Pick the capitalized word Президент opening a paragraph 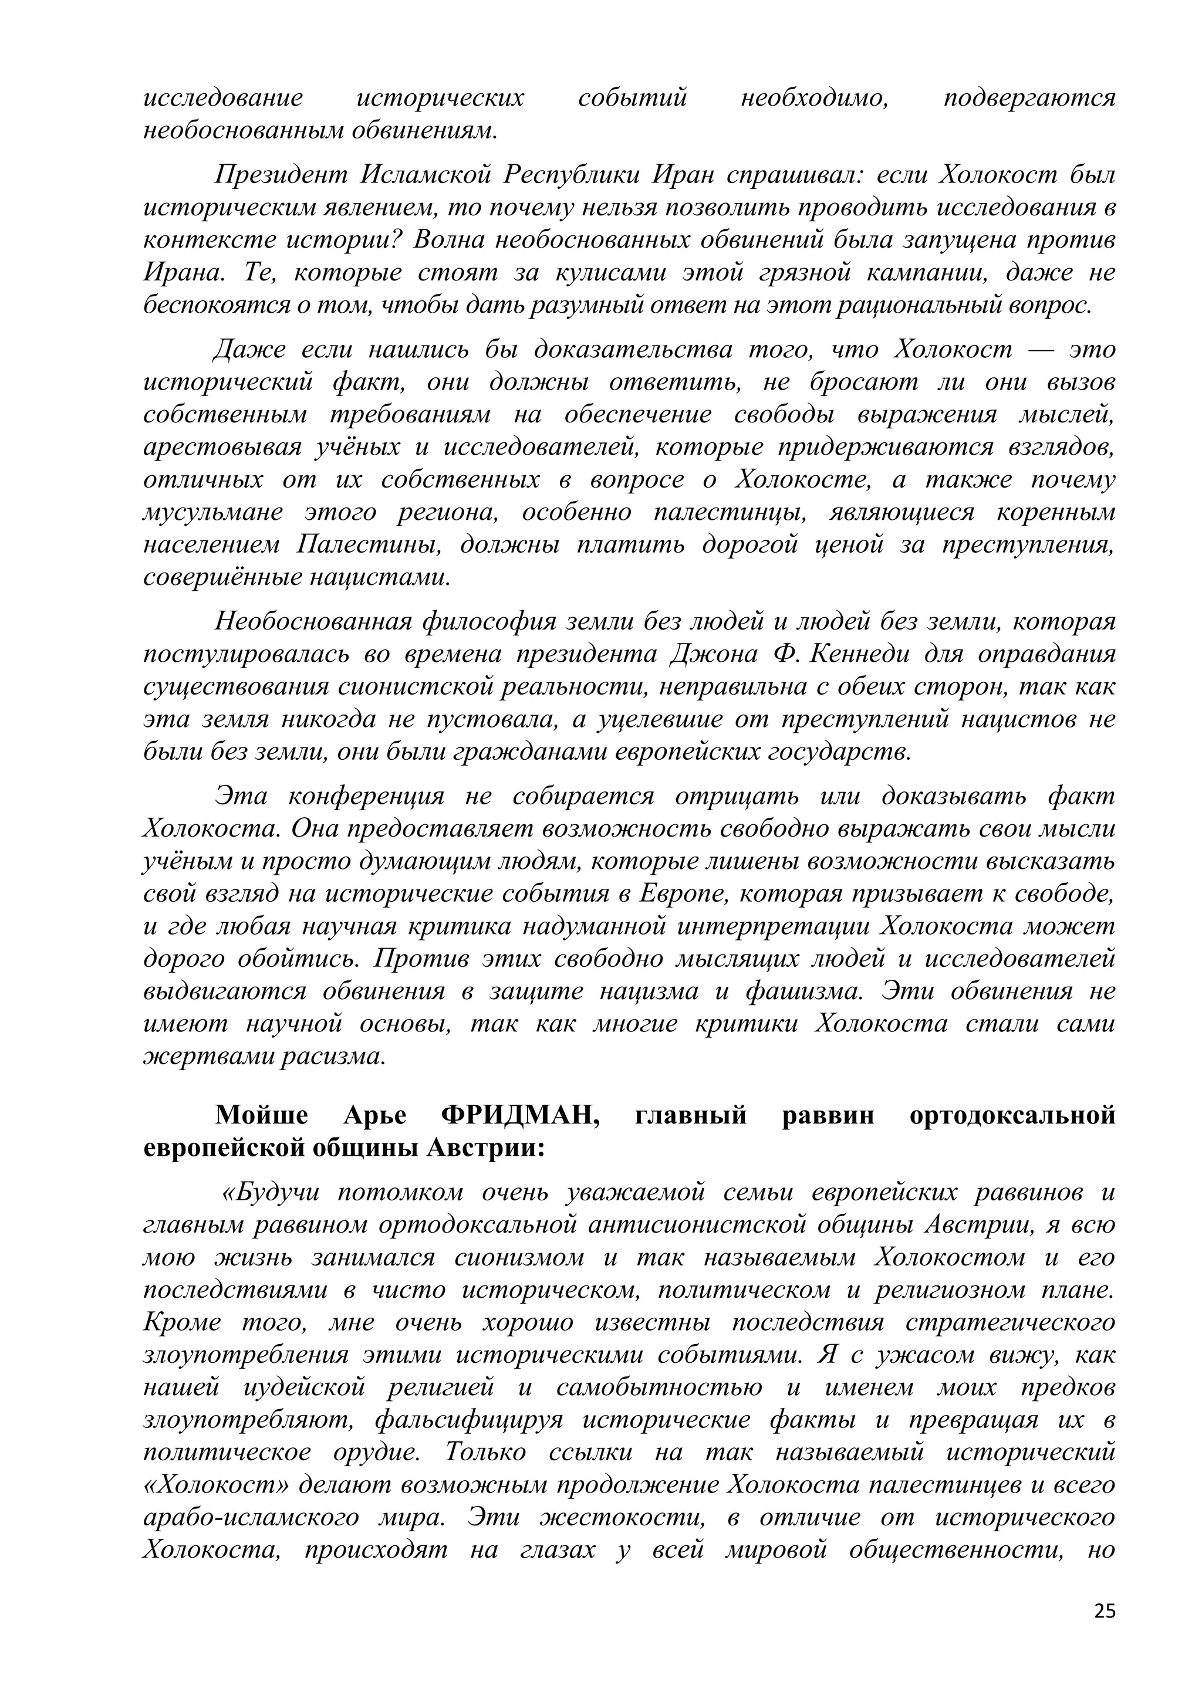[281, 175]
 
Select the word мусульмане [212, 512]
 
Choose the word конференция [366, 796]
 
